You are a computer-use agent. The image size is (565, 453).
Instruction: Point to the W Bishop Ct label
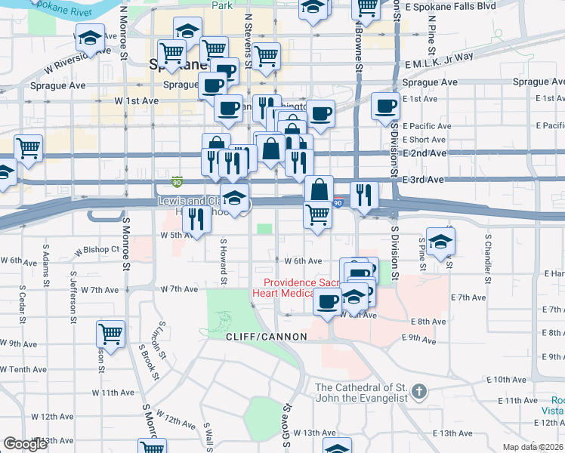pos(94,248)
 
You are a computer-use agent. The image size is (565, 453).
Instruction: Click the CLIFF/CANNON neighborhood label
pos(266,337)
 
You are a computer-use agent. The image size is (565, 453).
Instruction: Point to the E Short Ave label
pos(425,140)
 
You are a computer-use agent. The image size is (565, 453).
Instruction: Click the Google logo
pos(25,444)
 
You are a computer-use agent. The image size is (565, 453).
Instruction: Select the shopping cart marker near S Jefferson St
pos(111,333)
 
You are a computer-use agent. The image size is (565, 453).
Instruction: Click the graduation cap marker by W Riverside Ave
pos(90,39)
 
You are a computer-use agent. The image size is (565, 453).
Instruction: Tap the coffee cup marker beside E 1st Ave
pos(386,105)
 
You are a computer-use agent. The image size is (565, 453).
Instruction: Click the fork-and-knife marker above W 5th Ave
pos(196,219)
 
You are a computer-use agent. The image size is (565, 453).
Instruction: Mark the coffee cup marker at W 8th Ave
pos(327,302)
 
